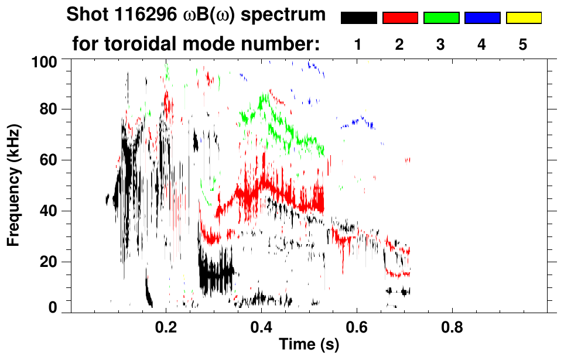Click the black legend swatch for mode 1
pos(358,18)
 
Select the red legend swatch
pos(399,18)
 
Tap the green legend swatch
pos(441,18)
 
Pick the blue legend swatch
pos(482,18)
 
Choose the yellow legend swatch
pos(524,18)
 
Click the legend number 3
pos(441,45)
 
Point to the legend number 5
pos(524,45)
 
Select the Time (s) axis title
pos(308,345)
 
